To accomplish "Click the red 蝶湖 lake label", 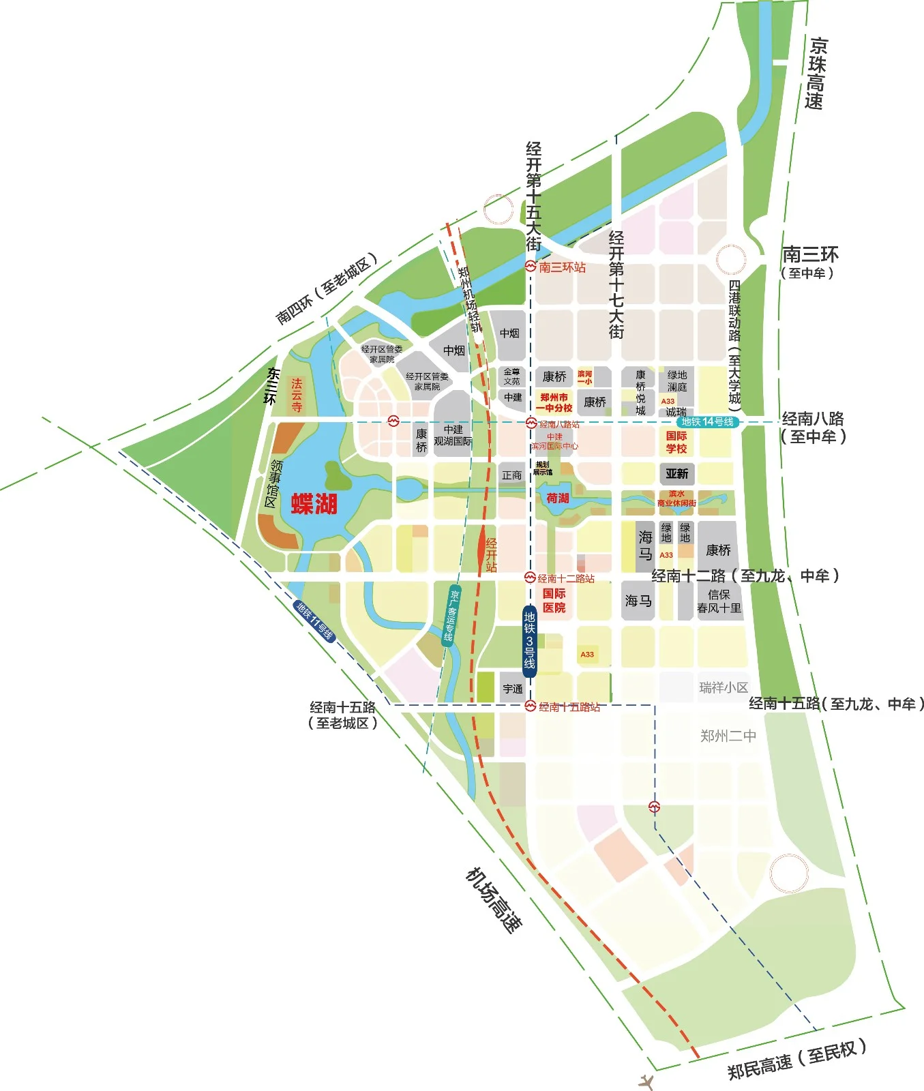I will click(x=314, y=504).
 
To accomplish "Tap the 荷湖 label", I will click(x=557, y=498).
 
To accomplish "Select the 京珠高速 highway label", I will click(x=816, y=74).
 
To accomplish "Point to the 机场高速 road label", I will click(x=494, y=899).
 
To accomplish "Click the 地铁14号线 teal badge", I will click(x=707, y=422).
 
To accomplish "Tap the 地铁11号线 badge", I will click(x=315, y=621).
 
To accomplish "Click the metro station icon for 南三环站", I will click(x=531, y=267).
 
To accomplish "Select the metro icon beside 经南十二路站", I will click(x=530, y=578).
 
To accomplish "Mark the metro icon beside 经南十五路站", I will click(x=531, y=706).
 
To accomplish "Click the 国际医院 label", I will click(x=554, y=601).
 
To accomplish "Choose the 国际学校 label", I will click(x=676, y=442).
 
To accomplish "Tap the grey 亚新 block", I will click(x=676, y=473).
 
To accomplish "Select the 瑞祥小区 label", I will click(x=724, y=687).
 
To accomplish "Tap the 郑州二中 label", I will click(x=728, y=736).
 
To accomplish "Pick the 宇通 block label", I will click(x=513, y=689).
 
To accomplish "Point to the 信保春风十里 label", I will click(x=719, y=601).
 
